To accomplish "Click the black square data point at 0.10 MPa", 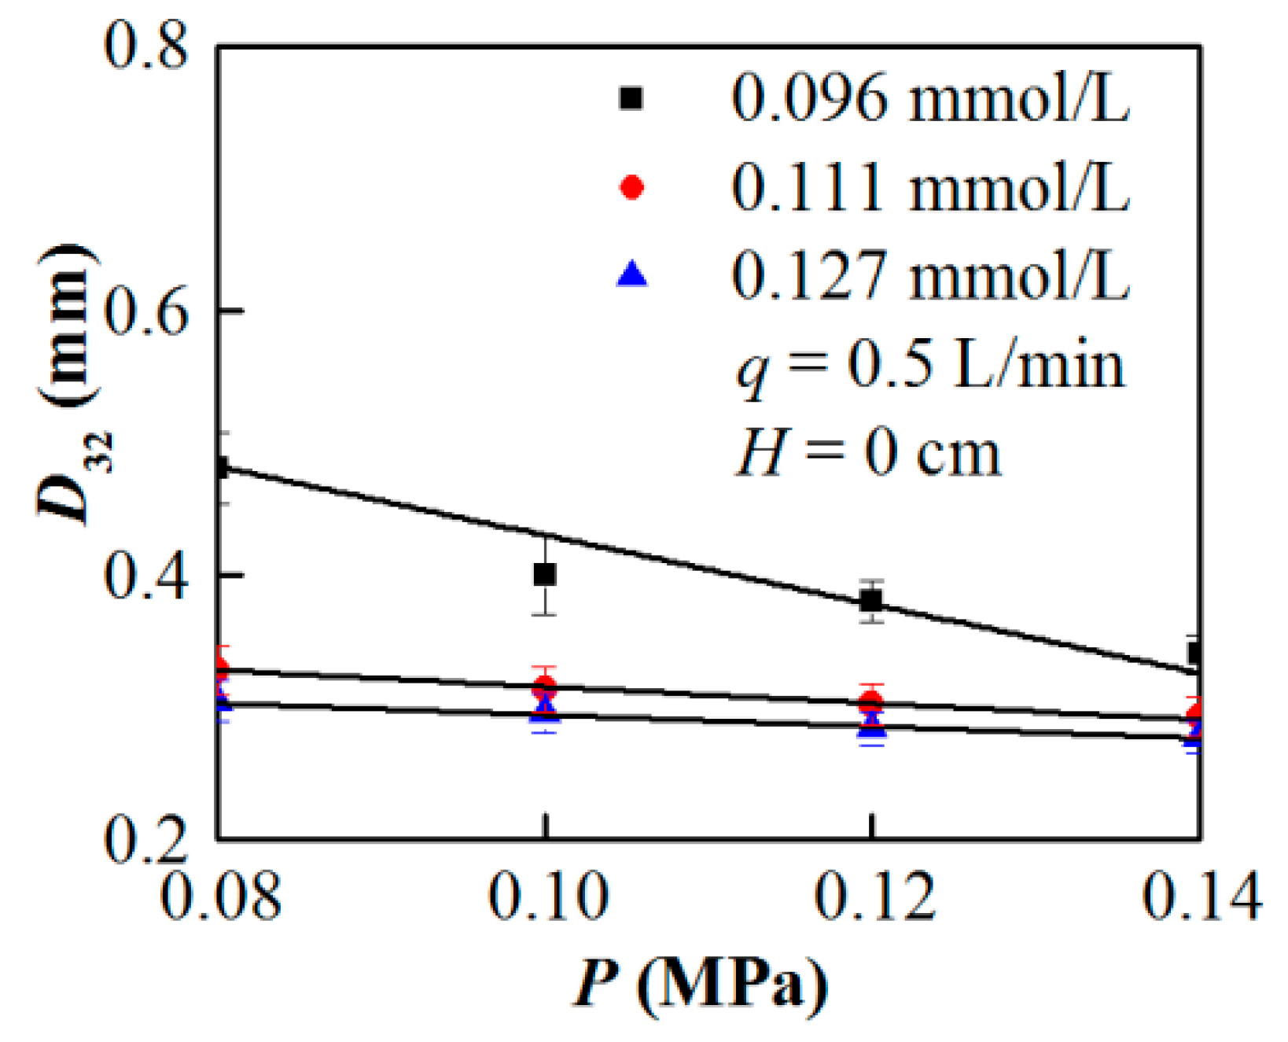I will [x=544, y=575].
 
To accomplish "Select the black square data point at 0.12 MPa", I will [x=870, y=602].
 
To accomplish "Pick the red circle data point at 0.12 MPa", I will [x=870, y=702].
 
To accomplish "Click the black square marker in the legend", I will [x=631, y=98].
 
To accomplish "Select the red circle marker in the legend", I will [x=631, y=187].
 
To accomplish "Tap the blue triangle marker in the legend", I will [x=631, y=274].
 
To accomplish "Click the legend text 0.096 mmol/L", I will [x=930, y=98].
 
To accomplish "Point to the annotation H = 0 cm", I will [x=868, y=454].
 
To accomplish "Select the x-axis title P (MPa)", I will [x=700, y=983].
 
